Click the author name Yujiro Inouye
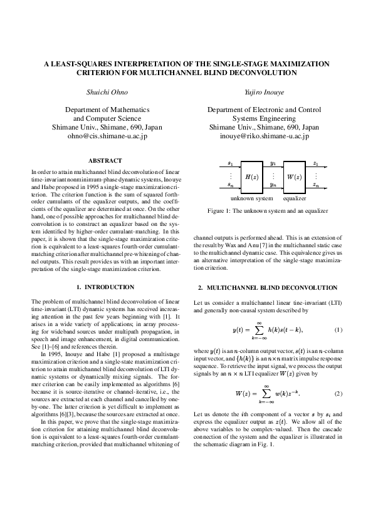[x=264, y=92]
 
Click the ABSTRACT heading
[x=105, y=161]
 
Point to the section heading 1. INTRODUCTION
[x=105, y=287]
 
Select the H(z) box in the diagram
[x=251, y=177]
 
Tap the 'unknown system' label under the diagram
[x=252, y=198]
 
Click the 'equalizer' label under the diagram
[x=294, y=198]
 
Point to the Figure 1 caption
[x=268, y=212]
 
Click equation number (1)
[x=338, y=330]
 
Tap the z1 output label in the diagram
[x=315, y=163]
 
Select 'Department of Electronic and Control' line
[x=264, y=110]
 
